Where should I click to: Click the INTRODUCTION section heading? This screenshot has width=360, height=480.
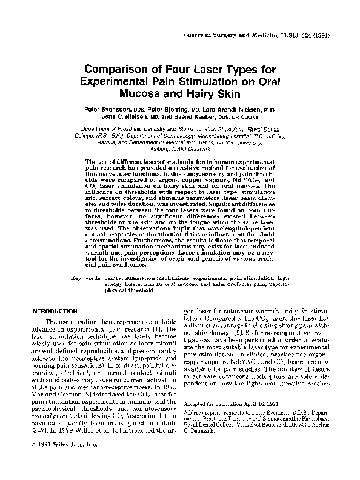(x=59, y=311)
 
